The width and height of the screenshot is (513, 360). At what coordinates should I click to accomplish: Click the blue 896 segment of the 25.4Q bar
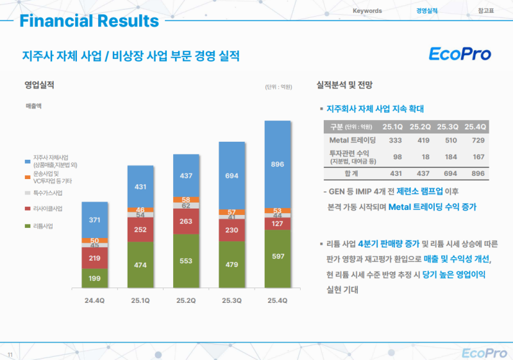click(277, 164)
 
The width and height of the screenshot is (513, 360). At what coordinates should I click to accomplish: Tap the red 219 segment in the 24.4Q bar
click(94, 258)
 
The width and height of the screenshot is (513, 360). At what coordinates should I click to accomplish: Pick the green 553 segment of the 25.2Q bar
click(186, 261)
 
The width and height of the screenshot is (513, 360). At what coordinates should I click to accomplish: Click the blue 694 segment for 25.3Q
click(231, 175)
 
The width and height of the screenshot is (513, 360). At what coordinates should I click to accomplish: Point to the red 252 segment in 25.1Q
click(140, 230)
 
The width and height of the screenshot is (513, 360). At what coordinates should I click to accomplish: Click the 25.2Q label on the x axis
click(186, 301)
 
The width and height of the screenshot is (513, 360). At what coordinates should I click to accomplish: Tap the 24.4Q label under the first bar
click(94, 301)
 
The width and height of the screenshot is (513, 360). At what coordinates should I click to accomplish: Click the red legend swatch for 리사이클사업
click(27, 209)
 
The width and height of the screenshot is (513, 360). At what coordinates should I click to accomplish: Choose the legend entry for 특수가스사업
click(48, 192)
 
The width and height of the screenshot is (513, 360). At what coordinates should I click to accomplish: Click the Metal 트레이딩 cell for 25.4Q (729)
click(475, 140)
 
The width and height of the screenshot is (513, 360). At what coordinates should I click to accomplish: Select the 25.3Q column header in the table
click(447, 126)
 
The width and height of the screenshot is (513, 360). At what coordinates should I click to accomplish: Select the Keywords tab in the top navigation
click(367, 11)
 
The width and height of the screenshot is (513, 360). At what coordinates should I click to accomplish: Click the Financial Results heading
click(89, 21)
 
